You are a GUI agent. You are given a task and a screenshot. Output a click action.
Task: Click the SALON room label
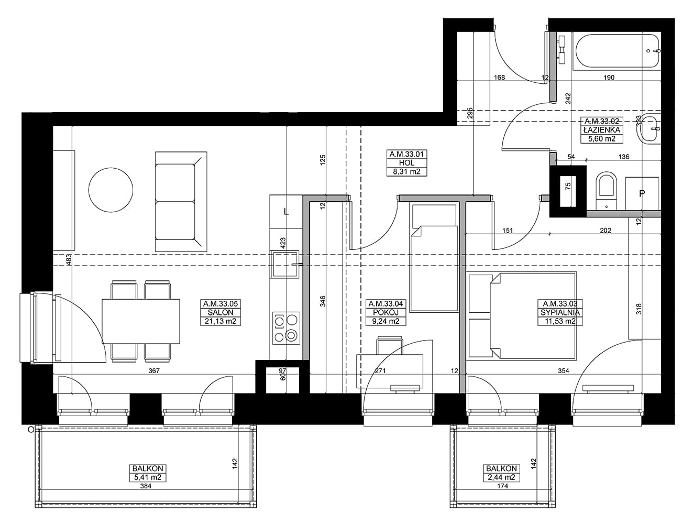(220, 312)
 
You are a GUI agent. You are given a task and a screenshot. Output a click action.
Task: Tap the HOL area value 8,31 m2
(406, 172)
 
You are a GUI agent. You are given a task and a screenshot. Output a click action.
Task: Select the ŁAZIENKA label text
(602, 129)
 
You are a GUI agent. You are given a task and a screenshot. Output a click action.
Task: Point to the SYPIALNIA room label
(560, 312)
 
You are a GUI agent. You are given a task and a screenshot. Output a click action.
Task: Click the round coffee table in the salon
(111, 190)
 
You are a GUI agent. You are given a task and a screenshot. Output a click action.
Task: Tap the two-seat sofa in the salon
(181, 201)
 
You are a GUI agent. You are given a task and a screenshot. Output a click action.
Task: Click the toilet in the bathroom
(606, 191)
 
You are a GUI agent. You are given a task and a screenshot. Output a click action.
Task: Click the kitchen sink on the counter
(284, 265)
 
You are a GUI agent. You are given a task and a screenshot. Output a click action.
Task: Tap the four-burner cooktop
(285, 329)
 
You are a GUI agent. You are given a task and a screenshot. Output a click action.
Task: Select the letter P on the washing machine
(642, 193)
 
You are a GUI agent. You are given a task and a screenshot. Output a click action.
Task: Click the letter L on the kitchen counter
(287, 212)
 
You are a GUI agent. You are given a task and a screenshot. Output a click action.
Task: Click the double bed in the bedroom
(533, 316)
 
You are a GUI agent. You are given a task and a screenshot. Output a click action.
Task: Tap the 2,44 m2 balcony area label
(501, 477)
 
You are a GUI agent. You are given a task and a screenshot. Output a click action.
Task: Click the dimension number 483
(69, 260)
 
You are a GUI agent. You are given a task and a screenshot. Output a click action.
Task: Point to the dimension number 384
(146, 486)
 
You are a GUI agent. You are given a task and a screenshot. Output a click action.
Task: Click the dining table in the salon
(141, 321)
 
